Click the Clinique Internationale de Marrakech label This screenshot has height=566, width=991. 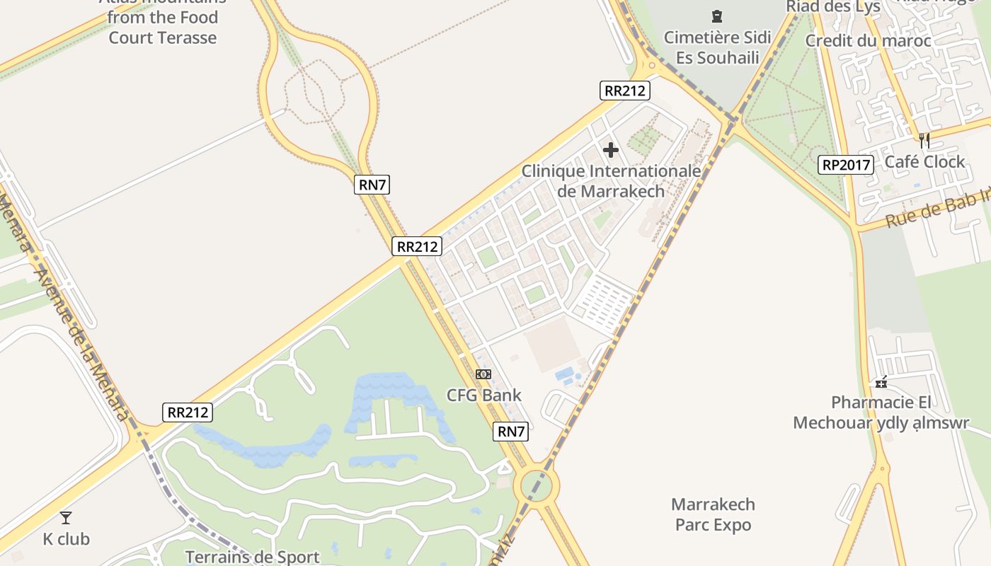pyautogui.click(x=611, y=181)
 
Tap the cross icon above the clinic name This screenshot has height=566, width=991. pyautogui.click(x=611, y=150)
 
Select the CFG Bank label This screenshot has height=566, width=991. pyautogui.click(x=483, y=395)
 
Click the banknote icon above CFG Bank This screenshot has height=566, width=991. pyautogui.click(x=483, y=374)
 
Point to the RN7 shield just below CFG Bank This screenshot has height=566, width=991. pyautogui.click(x=511, y=431)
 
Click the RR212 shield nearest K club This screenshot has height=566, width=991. pyautogui.click(x=188, y=412)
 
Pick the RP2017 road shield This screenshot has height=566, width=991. pyautogui.click(x=845, y=165)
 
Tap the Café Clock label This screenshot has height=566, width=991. pyautogui.click(x=924, y=162)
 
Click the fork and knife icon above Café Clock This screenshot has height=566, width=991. pyautogui.click(x=924, y=140)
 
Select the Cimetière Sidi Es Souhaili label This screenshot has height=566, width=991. pyautogui.click(x=717, y=47)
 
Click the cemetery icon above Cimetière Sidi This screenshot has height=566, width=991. pyautogui.click(x=717, y=16)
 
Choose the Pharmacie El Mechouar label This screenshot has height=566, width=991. pyautogui.click(x=881, y=412)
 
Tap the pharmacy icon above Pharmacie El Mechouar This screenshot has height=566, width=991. pyautogui.click(x=881, y=382)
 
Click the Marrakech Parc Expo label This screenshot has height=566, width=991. pyautogui.click(x=713, y=514)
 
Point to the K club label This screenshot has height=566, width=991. pyautogui.click(x=67, y=539)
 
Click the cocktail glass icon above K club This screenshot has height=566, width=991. pyautogui.click(x=66, y=518)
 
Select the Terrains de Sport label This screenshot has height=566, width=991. pyautogui.click(x=253, y=557)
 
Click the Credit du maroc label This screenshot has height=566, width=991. pyautogui.click(x=868, y=41)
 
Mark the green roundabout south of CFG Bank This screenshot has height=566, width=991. pyautogui.click(x=539, y=486)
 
